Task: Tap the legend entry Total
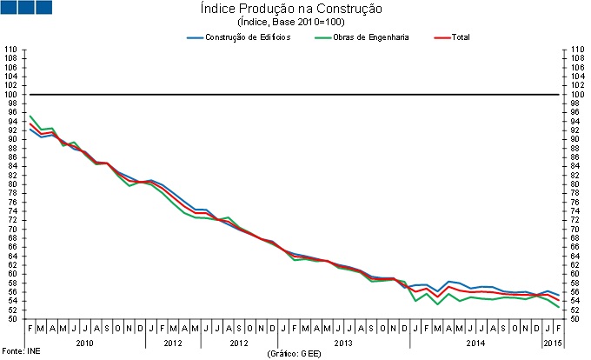(461, 37)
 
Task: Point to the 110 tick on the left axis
(10, 49)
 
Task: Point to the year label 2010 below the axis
(84, 343)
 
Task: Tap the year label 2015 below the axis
(552, 343)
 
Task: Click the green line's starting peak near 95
(30, 116)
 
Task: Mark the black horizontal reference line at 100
(295, 94)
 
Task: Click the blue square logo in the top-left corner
(26, 8)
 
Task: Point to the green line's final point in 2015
(557, 306)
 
